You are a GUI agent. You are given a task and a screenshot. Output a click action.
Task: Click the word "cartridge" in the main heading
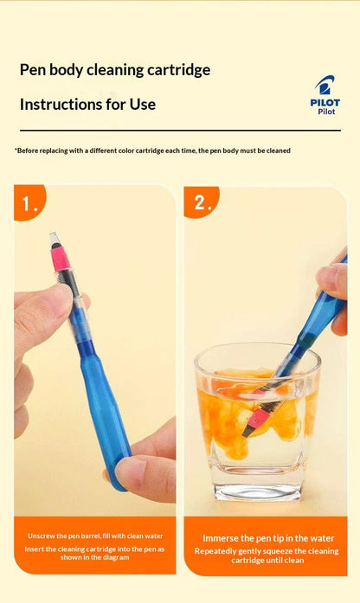coord(179,70)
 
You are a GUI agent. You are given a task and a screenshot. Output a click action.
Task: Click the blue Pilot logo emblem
coord(325,85)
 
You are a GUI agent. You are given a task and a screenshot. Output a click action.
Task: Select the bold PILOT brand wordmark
coord(325,103)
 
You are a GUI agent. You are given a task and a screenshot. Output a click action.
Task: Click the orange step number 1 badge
coord(29,202)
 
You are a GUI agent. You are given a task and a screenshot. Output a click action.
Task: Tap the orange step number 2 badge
coord(201,202)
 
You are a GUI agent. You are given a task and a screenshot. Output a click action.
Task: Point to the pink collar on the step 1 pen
coord(61,258)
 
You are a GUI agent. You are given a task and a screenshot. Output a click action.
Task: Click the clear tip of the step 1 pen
coord(55,239)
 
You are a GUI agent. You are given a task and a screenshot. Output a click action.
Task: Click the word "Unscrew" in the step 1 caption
coord(40,536)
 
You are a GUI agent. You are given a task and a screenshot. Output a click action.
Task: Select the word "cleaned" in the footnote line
coord(279,151)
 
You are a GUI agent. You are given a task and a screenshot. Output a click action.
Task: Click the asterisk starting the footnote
coord(16,149)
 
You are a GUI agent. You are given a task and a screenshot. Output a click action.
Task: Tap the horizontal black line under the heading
coord(180,131)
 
